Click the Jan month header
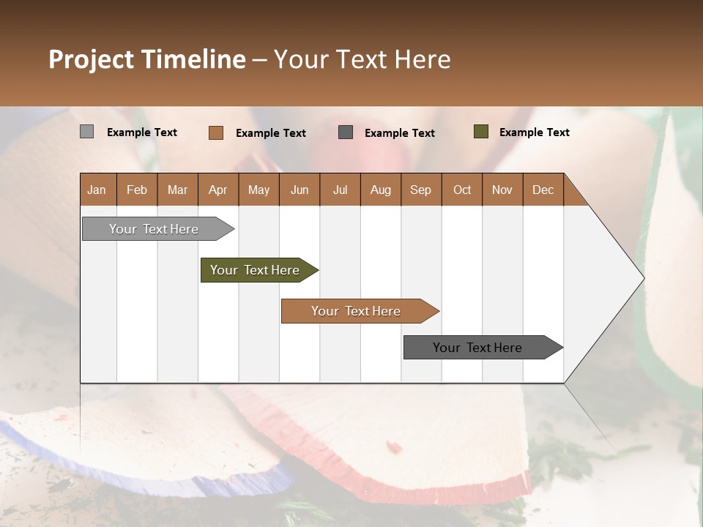tap(97, 190)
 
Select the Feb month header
tap(137, 190)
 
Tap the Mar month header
tap(177, 190)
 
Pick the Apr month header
tap(218, 190)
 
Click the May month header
tap(258, 190)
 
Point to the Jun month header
tap(300, 190)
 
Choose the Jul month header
tap(340, 190)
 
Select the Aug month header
tap(381, 190)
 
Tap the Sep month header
tap(421, 190)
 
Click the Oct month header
tap(462, 190)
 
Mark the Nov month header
tap(502, 190)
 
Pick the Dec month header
tap(543, 190)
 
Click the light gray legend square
tap(87, 132)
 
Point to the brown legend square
tap(216, 132)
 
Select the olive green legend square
tap(481, 132)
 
